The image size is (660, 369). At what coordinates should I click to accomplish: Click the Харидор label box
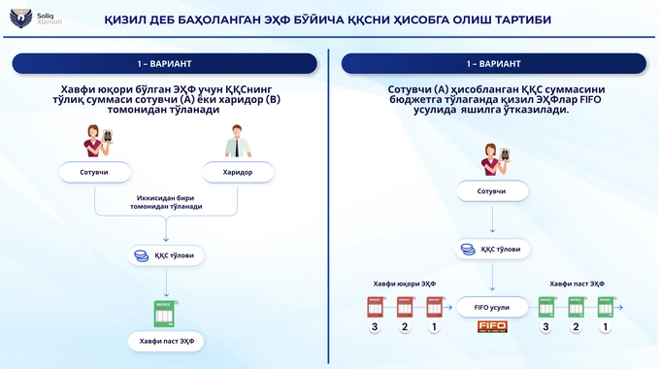click(238, 172)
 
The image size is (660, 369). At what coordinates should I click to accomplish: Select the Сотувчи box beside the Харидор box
click(95, 172)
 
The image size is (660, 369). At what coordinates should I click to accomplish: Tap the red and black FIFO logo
click(492, 327)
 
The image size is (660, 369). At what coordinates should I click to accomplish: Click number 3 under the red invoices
click(374, 328)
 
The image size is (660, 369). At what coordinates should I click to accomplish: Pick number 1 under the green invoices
click(606, 328)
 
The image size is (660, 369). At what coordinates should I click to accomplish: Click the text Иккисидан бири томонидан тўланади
click(169, 202)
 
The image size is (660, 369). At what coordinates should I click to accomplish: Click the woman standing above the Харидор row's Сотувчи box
click(95, 141)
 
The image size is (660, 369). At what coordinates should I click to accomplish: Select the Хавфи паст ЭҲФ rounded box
click(167, 341)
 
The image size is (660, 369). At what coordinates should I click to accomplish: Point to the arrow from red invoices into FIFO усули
click(449, 308)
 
